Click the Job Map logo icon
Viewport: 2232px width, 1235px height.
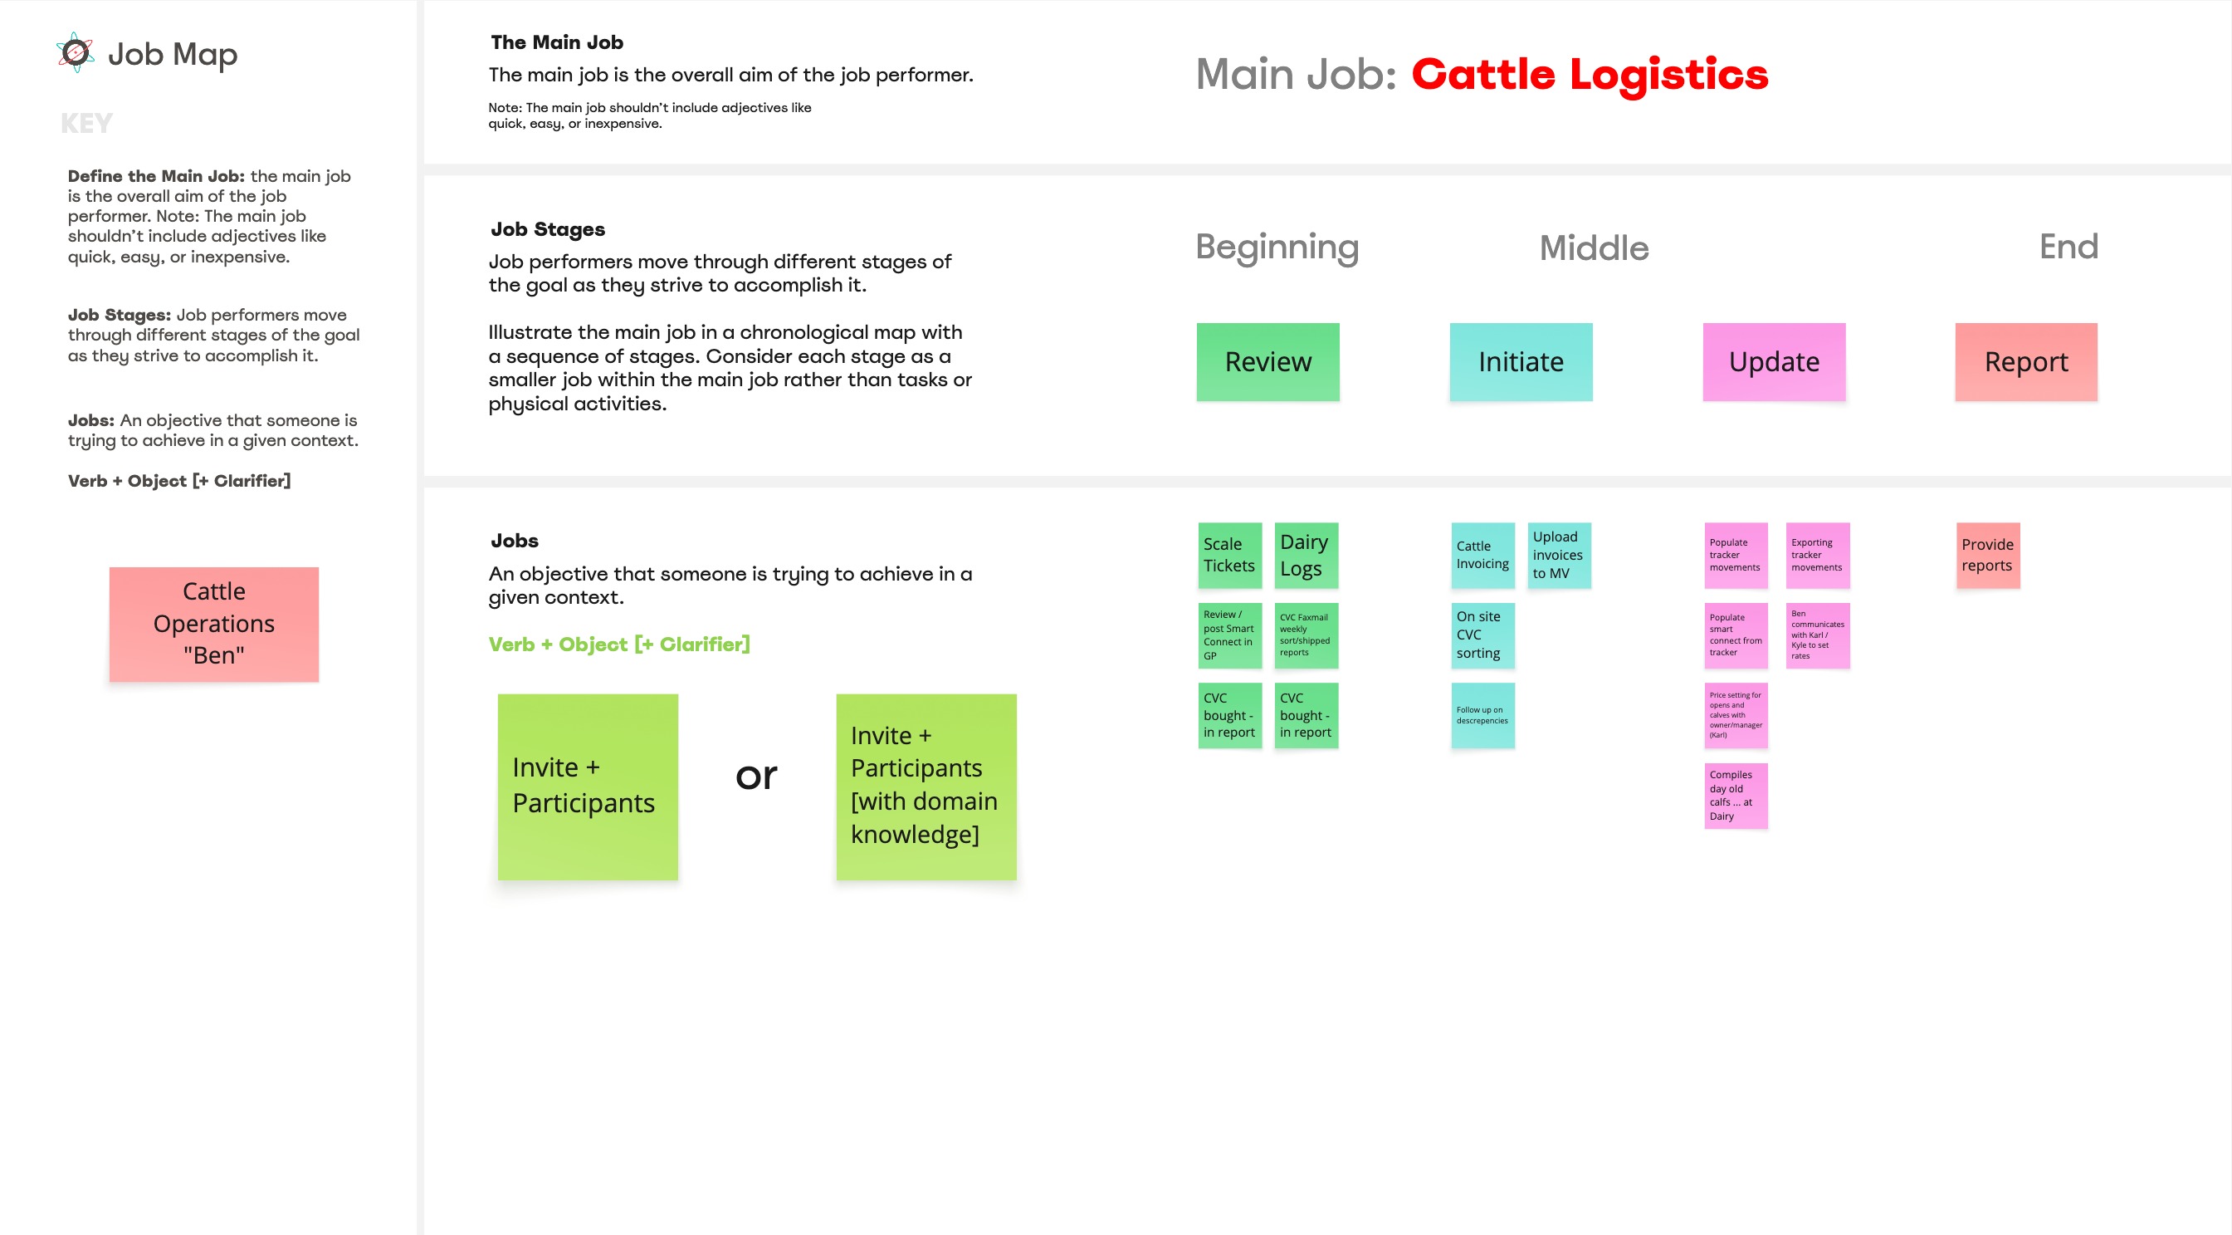[76, 53]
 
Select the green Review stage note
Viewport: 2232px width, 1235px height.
[1267, 362]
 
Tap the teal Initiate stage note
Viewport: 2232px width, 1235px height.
[1521, 362]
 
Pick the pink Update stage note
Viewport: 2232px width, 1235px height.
[1774, 362]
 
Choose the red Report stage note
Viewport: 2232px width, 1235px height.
[2026, 362]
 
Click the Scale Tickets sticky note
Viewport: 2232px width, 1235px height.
[1229, 556]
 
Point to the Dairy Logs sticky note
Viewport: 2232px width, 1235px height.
[1306, 556]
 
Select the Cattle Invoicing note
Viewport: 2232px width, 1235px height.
[1482, 556]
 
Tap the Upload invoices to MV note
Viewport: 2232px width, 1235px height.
[1559, 556]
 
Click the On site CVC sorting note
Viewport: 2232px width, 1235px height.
[1482, 635]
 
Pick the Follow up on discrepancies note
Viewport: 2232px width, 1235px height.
[1482, 715]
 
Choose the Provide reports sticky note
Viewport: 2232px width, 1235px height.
[1988, 556]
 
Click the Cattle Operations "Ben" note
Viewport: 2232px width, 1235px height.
[214, 624]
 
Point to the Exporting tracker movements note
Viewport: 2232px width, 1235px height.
[1817, 556]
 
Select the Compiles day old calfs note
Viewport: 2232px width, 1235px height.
[1736, 796]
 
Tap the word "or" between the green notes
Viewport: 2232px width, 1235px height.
[756, 775]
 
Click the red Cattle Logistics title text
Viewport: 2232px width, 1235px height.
[1589, 75]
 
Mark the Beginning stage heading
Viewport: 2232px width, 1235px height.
[1277, 247]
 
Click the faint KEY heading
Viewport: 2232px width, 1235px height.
[86, 124]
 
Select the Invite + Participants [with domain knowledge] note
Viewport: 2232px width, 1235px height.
[926, 786]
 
